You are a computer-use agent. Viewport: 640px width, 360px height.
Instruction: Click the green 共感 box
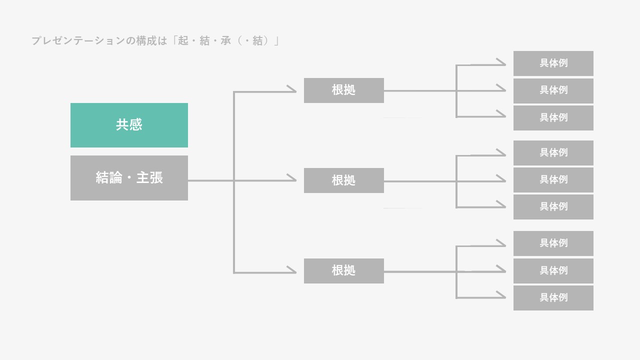click(x=129, y=125)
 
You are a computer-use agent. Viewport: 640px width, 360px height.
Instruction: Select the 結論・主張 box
click(x=129, y=178)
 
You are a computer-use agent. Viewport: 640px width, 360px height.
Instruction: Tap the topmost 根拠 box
click(x=343, y=90)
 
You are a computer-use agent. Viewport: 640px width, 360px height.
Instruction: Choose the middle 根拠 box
click(x=343, y=180)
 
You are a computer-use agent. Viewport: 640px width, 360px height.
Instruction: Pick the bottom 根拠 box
click(x=343, y=271)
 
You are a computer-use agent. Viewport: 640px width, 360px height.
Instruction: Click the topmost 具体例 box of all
click(x=553, y=63)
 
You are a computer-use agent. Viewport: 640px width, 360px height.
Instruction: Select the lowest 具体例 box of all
click(x=553, y=298)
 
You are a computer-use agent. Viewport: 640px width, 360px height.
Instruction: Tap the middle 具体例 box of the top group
click(x=553, y=90)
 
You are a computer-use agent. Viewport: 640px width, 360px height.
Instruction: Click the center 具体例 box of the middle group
click(x=553, y=180)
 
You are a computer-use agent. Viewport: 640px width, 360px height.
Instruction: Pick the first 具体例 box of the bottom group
click(x=553, y=243)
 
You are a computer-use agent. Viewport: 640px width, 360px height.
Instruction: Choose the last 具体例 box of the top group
click(x=553, y=118)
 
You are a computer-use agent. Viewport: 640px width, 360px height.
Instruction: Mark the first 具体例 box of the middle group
click(x=553, y=153)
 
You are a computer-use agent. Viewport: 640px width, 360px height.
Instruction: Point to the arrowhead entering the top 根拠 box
click(x=292, y=90)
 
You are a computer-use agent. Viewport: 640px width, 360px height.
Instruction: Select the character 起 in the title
click(x=183, y=41)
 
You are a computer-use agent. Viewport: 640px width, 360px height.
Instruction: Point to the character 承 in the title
click(x=226, y=41)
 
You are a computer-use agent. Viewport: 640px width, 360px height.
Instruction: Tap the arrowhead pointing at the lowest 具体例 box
click(x=501, y=297)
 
